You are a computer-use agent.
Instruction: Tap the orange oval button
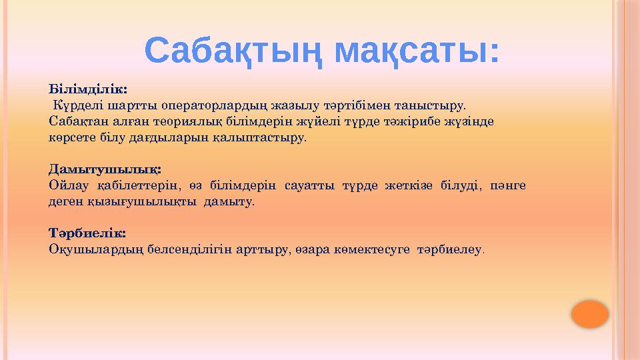click(x=590, y=314)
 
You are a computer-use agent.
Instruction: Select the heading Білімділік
click(x=88, y=88)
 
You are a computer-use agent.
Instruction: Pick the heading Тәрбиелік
click(x=87, y=233)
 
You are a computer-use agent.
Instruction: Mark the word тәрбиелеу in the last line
click(x=449, y=249)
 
